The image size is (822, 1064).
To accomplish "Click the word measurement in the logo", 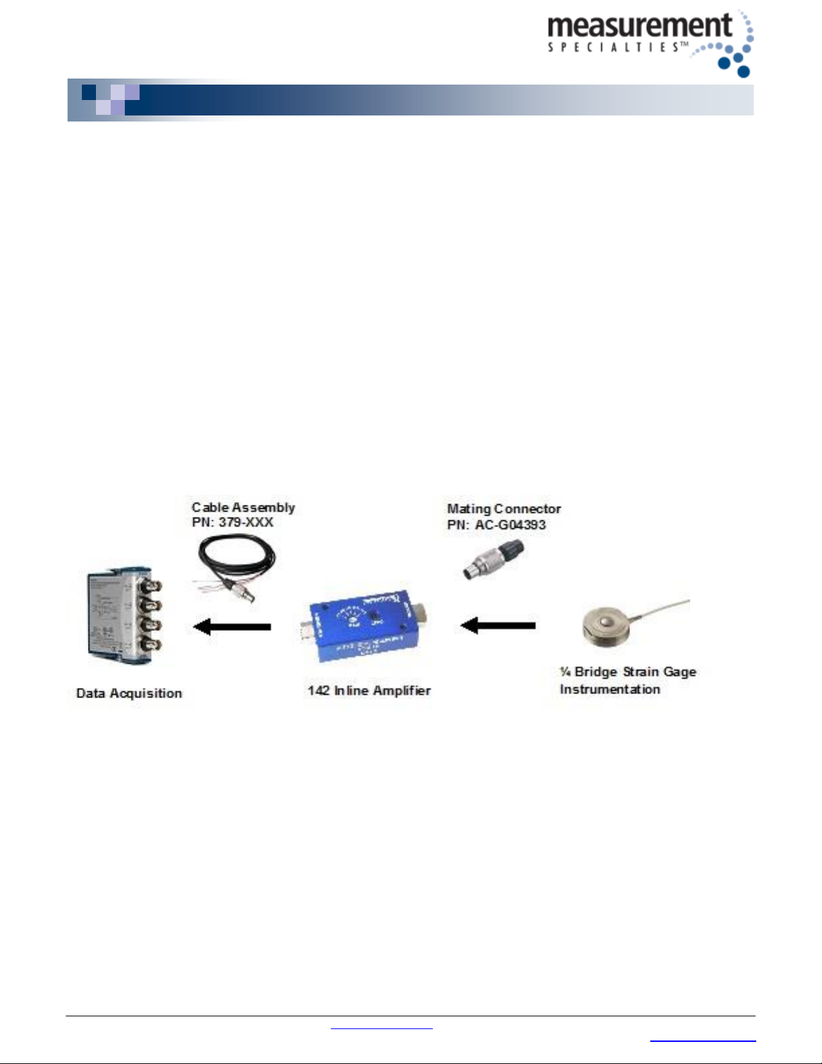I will (x=639, y=26).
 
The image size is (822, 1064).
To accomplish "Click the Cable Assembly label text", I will (x=243, y=507).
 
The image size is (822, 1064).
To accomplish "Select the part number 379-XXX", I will (x=246, y=522).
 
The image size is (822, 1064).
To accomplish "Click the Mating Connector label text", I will (x=504, y=509).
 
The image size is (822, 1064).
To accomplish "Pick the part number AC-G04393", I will (x=510, y=525).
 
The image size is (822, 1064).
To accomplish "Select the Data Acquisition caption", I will (x=129, y=693).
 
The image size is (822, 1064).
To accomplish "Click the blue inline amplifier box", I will (x=366, y=627).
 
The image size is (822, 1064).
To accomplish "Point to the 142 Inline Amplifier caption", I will (x=369, y=691).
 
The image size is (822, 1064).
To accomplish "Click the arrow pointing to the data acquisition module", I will (x=232, y=627).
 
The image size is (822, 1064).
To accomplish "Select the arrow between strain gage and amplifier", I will (x=498, y=626).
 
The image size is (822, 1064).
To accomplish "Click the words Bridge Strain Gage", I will (x=635, y=672).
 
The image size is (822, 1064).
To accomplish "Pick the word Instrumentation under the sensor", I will (x=610, y=689).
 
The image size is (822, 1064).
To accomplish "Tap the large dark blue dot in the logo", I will (x=743, y=71).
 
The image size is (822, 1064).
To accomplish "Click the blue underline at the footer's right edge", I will (x=703, y=1041).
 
